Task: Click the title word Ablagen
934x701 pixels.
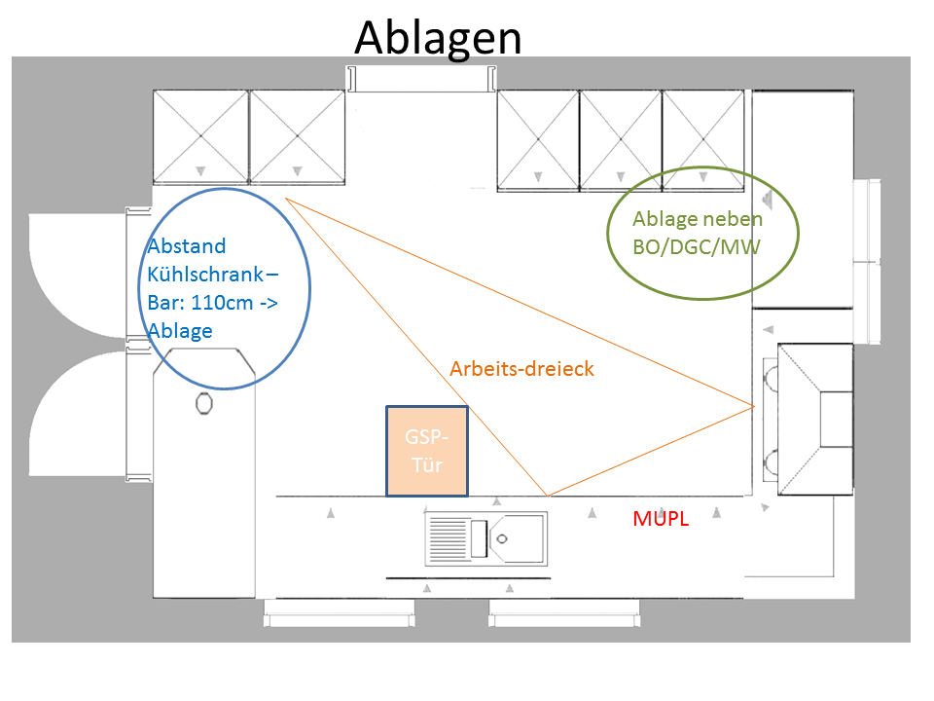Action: [438, 37]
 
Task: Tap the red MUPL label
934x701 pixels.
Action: [661, 520]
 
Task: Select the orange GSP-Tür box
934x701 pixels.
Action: [426, 451]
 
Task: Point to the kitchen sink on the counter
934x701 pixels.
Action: [485, 538]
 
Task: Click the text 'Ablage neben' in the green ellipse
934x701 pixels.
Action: [698, 219]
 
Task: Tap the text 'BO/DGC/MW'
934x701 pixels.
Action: [696, 247]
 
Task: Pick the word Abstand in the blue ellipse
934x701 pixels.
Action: [187, 245]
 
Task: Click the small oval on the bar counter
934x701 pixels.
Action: [203, 402]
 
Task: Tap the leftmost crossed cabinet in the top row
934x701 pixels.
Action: [200, 136]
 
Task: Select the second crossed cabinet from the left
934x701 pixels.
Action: [297, 136]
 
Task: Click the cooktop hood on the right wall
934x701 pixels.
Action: [815, 419]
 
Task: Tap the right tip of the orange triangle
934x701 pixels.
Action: [754, 405]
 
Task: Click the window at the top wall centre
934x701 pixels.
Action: [422, 77]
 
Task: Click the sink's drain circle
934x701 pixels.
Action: [503, 537]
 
